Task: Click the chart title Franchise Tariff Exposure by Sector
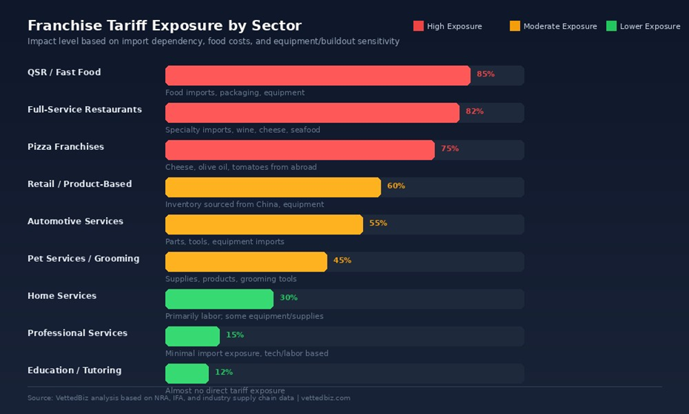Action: (x=164, y=26)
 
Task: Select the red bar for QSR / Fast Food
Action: (x=317, y=75)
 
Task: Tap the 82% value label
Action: (x=474, y=112)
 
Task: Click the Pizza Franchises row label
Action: (x=66, y=147)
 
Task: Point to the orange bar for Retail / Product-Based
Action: (x=273, y=187)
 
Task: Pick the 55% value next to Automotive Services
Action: (x=378, y=223)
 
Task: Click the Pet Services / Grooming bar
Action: (x=246, y=261)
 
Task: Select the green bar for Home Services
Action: (x=219, y=298)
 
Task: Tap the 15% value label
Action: (x=234, y=335)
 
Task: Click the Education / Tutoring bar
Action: (x=187, y=372)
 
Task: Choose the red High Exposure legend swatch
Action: (x=419, y=26)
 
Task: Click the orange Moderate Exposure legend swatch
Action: (x=515, y=26)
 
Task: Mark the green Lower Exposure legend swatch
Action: (x=611, y=26)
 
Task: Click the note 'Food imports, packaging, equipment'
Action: (x=235, y=93)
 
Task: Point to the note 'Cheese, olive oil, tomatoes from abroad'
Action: (x=241, y=167)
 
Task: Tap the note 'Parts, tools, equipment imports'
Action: (x=224, y=242)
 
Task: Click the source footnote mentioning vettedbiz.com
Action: (x=189, y=398)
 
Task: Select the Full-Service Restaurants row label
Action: (x=84, y=110)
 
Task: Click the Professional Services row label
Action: (x=77, y=333)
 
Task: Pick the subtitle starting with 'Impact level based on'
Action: (x=213, y=42)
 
